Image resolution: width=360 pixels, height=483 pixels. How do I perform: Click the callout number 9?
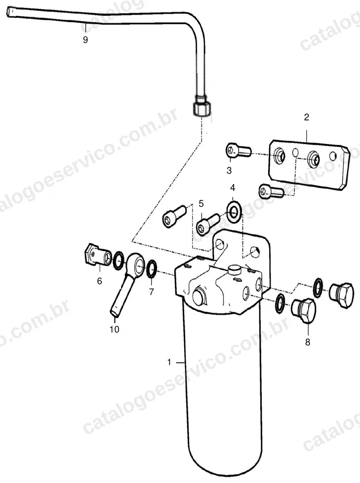click(x=85, y=40)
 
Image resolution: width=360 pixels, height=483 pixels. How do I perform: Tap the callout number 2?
click(x=306, y=117)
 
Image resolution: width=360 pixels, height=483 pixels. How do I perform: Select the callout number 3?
click(x=229, y=170)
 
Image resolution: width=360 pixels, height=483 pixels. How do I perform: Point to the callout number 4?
click(x=233, y=187)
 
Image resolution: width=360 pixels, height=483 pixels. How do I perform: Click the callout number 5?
click(x=201, y=203)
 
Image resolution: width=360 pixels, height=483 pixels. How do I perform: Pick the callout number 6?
click(x=99, y=281)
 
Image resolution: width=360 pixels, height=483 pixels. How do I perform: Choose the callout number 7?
click(x=151, y=292)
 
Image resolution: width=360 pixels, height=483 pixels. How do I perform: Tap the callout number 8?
click(x=308, y=342)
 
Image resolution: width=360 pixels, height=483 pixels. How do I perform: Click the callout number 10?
click(x=115, y=329)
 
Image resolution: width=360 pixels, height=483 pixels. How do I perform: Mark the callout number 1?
click(x=169, y=362)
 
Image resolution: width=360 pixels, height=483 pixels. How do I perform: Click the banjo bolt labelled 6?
click(x=98, y=255)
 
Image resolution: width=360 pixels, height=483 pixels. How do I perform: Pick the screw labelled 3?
click(x=239, y=151)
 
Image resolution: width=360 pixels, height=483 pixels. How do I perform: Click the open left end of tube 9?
click(x=9, y=13)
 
